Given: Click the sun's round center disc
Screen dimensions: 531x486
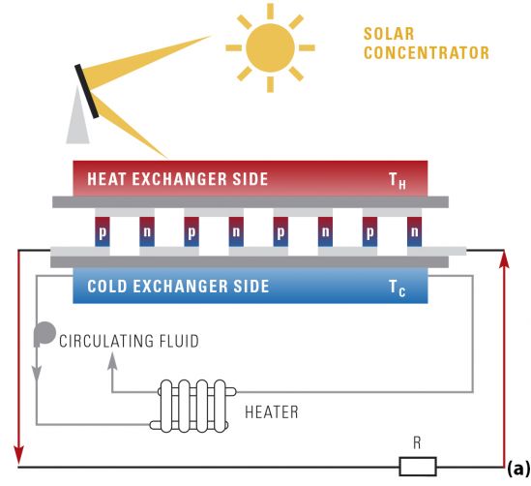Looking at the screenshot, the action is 270,47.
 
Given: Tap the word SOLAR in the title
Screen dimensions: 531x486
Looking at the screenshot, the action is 389,34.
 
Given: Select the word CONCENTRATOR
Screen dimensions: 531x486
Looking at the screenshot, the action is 427,53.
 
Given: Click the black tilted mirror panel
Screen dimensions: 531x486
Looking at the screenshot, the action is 87,91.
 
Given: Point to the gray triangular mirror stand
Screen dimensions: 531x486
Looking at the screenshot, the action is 78,117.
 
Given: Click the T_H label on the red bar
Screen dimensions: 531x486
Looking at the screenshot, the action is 398,181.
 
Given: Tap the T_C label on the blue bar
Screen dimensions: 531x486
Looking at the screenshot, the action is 397,289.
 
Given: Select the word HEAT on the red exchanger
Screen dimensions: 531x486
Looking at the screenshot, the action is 106,179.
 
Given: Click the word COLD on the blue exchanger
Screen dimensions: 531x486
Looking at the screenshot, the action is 107,286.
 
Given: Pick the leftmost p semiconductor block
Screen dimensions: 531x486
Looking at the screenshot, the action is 103,231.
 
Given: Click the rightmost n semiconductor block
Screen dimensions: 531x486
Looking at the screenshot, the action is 415,231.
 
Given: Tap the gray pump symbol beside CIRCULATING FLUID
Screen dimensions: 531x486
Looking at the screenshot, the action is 44,334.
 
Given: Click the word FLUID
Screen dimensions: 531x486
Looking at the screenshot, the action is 179,341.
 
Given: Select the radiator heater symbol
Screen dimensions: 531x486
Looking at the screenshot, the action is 193,406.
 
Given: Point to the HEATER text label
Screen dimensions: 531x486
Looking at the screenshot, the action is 272,412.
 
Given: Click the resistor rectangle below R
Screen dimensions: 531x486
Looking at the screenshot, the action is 418,467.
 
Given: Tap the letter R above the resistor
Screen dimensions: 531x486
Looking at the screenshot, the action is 417,443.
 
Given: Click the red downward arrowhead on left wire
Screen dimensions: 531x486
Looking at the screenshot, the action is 19,453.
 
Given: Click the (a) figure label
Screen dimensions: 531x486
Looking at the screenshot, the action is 518,469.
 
